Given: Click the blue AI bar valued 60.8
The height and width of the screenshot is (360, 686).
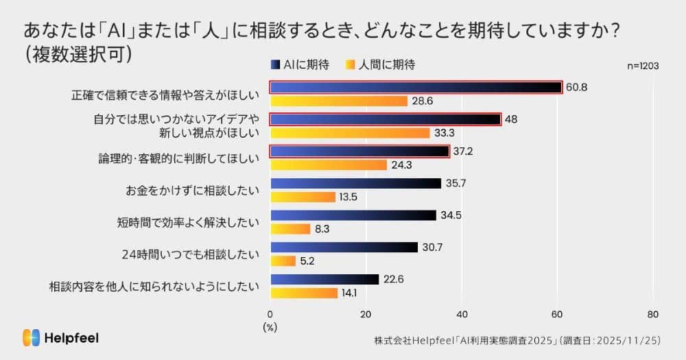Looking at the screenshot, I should pos(416,88).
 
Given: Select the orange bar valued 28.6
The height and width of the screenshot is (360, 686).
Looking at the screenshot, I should pos(339,101).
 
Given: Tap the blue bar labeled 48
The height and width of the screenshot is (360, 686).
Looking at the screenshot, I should pos(386,119).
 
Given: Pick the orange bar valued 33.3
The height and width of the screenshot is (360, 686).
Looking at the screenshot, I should pos(350,133).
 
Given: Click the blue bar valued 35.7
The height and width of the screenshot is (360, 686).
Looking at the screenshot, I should pos(356,183).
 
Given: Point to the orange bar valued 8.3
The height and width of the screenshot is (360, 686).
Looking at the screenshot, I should pos(291,229).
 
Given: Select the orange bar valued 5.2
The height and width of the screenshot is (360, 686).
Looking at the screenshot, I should pos(283,261).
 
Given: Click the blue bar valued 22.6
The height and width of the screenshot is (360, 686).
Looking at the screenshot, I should pos(324,279).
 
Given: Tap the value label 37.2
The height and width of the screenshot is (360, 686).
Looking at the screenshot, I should pos(462,151).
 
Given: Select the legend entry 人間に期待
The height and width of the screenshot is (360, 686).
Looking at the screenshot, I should pos(387,65).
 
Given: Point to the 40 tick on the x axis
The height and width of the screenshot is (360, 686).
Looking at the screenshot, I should pos(462,314).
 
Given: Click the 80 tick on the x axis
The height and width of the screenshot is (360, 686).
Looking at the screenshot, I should pos(652,314).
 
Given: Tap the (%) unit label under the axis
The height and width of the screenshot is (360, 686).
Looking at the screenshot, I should pos(270,327).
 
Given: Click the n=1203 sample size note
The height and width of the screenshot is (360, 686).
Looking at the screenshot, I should pos(643,66).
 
